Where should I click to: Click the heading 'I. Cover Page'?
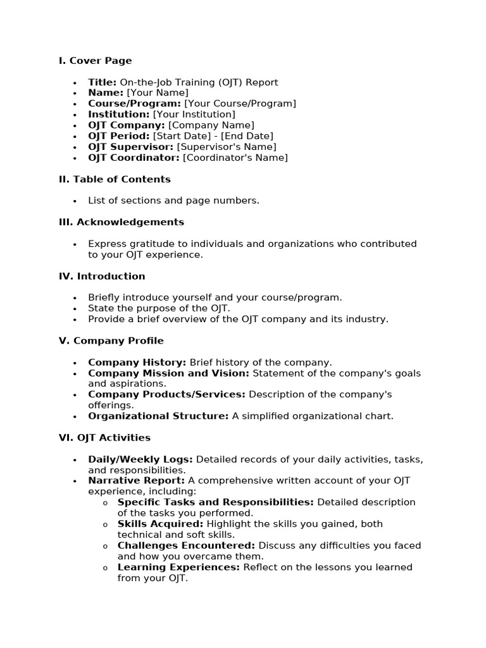[95, 61]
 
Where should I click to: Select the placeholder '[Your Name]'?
[157, 93]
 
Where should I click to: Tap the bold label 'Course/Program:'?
[135, 104]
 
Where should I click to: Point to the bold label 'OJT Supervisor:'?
[131, 147]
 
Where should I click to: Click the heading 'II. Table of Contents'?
[115, 179]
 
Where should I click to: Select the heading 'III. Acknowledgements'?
[121, 222]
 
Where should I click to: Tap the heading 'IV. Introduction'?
[102, 276]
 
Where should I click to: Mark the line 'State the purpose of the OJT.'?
[159, 308]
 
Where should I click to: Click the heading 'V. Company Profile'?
[111, 340]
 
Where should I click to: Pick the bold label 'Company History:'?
[137, 363]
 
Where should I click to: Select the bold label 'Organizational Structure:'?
[158, 416]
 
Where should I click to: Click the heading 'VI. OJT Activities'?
[104, 437]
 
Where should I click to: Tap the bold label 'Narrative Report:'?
[136, 481]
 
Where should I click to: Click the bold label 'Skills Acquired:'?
[159, 524]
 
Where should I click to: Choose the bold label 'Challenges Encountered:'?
[186, 545]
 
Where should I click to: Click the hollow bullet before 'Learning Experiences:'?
[105, 568]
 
